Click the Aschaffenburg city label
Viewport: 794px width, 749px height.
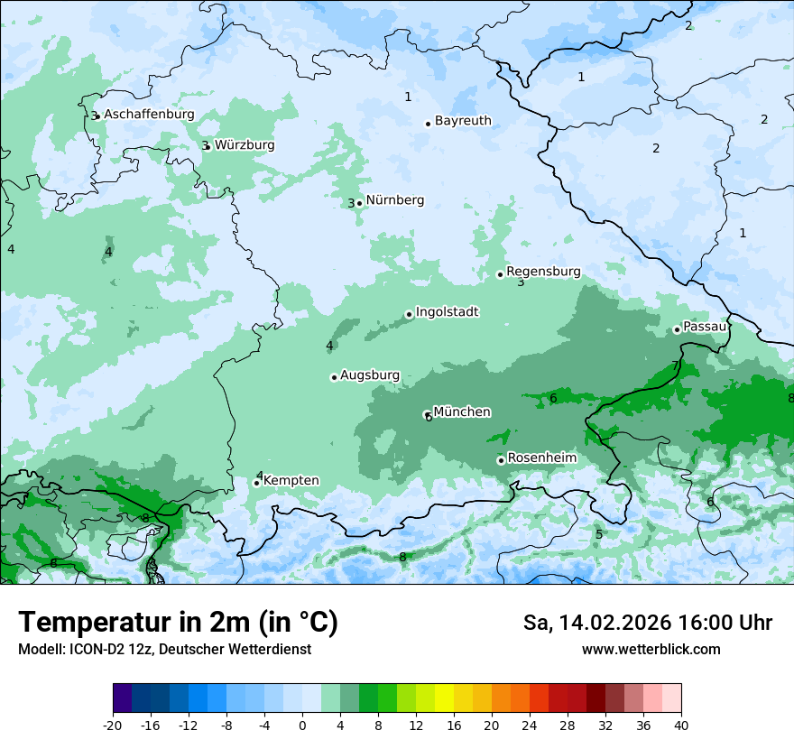point(149,115)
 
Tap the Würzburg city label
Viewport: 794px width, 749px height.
point(245,145)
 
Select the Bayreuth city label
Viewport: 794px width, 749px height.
point(463,121)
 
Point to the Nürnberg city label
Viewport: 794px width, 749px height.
point(394,200)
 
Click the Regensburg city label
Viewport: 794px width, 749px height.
point(543,272)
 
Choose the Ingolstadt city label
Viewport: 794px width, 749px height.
point(447,312)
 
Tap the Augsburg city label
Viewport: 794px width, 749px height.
point(370,375)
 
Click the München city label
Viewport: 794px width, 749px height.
point(462,412)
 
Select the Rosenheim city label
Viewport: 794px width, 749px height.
point(541,458)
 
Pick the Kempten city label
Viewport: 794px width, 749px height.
point(291,481)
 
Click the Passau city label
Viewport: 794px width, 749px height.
point(705,327)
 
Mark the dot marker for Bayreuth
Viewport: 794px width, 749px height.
point(428,124)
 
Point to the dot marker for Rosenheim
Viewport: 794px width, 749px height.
point(501,460)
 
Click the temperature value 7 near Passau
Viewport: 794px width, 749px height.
point(675,365)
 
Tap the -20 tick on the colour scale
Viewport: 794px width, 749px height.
point(113,725)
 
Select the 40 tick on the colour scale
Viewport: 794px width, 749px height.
point(681,725)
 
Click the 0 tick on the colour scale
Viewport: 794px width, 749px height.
point(302,725)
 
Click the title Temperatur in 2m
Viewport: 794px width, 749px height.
point(178,623)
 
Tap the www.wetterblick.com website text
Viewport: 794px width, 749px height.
point(651,649)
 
